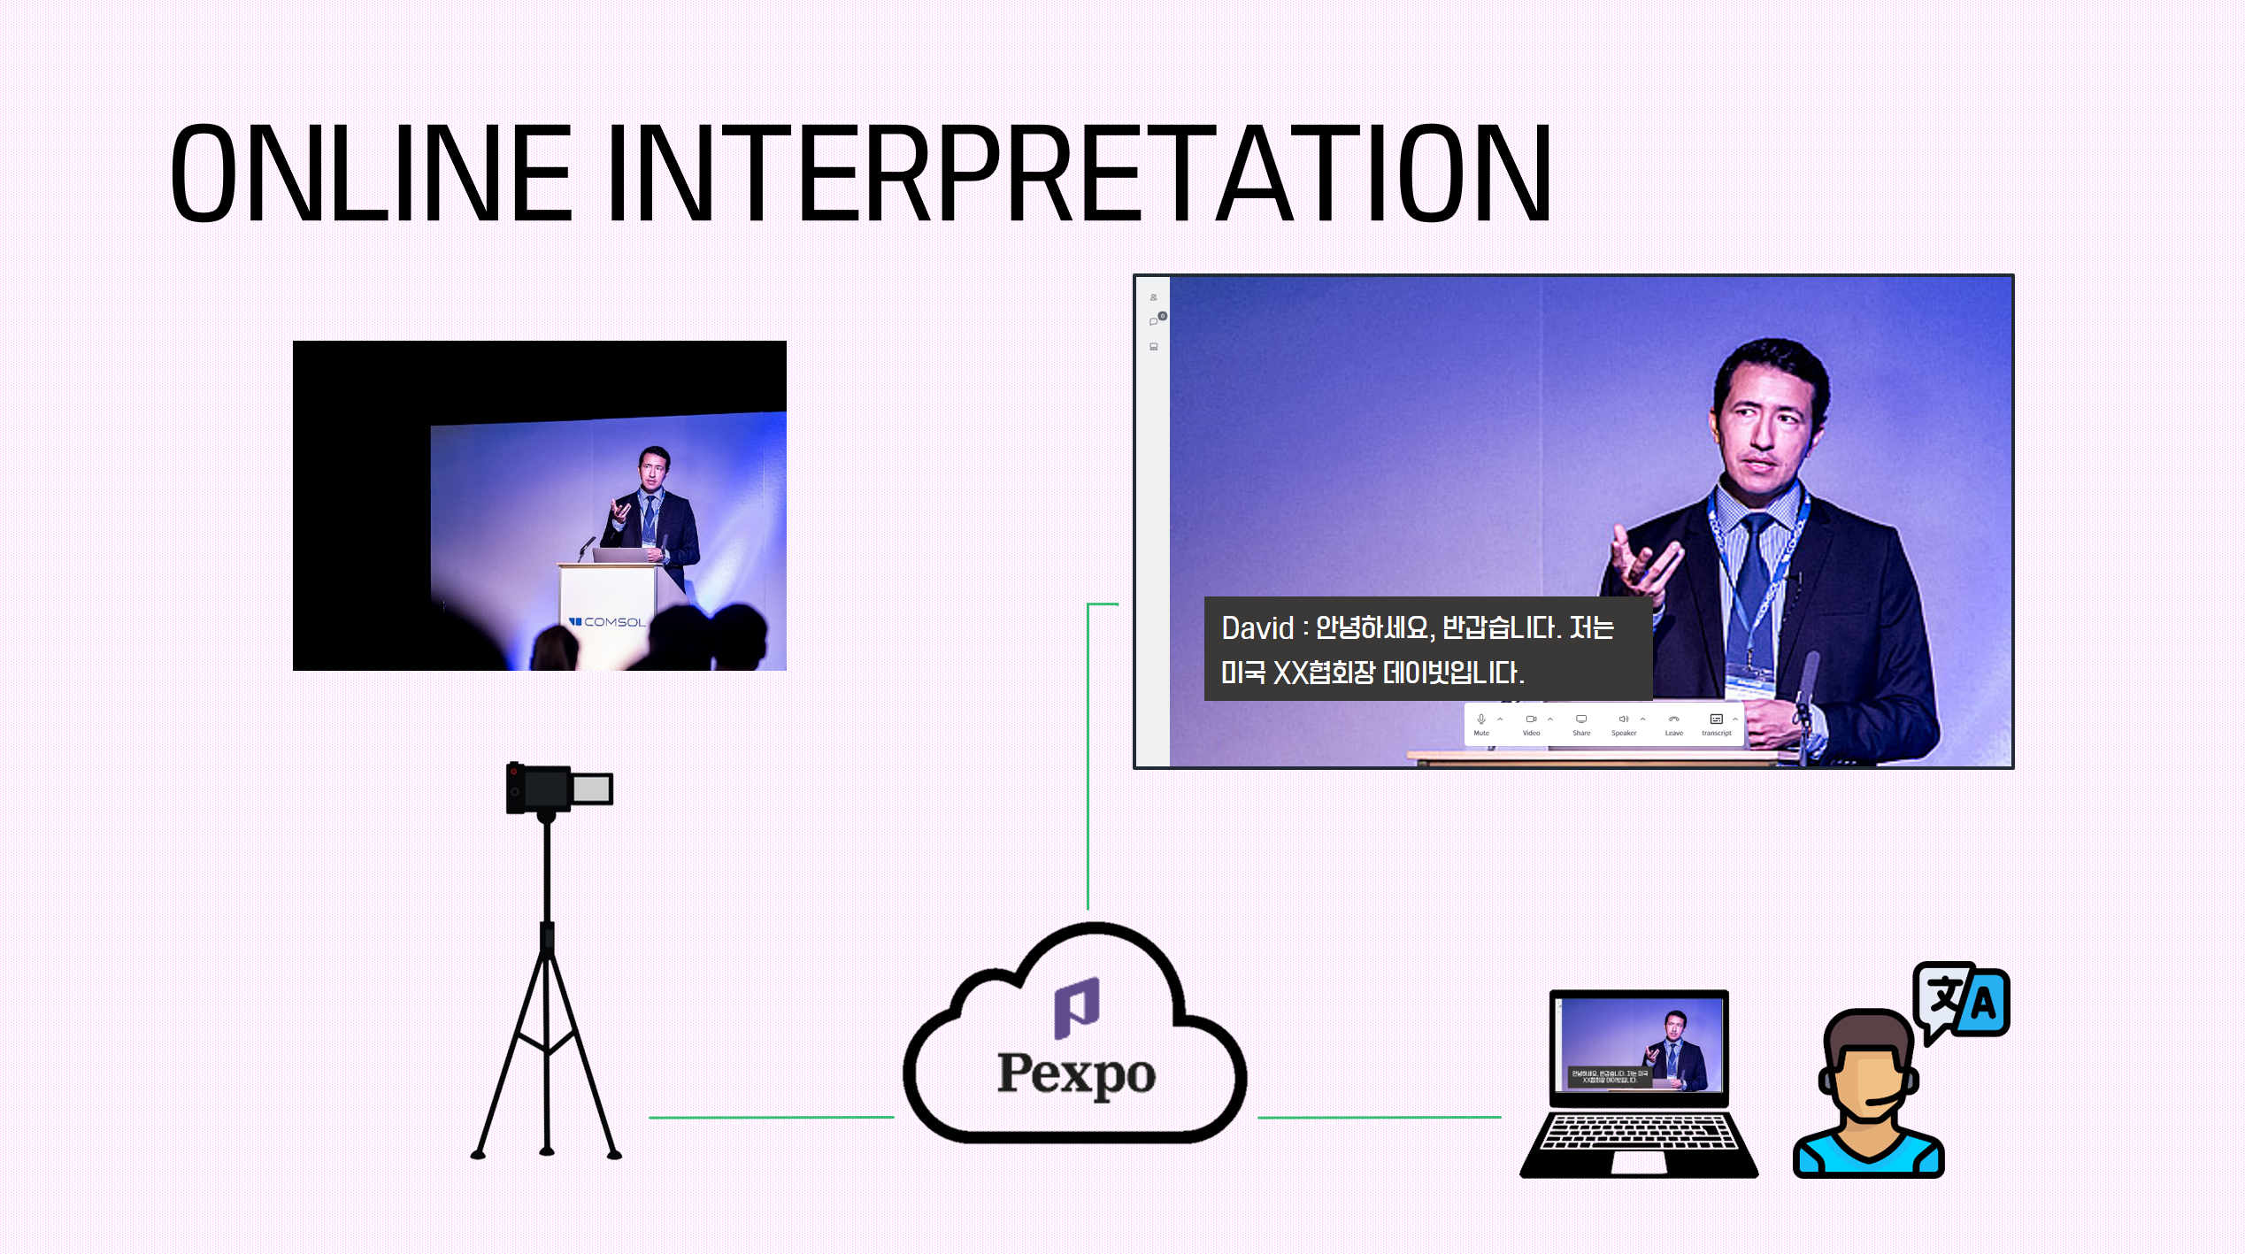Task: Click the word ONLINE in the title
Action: (x=372, y=173)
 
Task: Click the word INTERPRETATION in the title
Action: (x=1080, y=173)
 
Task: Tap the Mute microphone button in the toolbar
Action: (x=1481, y=724)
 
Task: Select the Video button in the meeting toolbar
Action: (x=1531, y=724)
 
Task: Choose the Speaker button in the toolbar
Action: (x=1624, y=724)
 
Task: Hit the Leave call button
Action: (x=1673, y=724)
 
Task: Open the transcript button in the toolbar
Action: (x=1716, y=724)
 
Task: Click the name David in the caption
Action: (x=1257, y=628)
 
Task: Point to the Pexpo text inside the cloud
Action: (x=1076, y=1073)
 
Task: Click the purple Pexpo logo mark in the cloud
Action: (x=1077, y=1007)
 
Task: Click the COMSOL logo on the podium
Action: (x=608, y=622)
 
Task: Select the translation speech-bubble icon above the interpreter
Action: (x=1961, y=1003)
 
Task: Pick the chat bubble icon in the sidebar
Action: (x=1154, y=321)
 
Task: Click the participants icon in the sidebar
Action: (x=1154, y=297)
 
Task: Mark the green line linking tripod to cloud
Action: (x=770, y=1118)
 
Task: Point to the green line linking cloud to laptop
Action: (x=1379, y=1118)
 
